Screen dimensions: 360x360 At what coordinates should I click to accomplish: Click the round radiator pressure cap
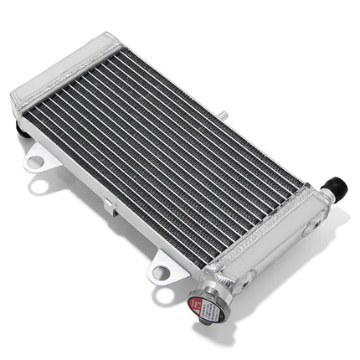(206, 307)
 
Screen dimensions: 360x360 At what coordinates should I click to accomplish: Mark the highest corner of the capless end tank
(109, 35)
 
